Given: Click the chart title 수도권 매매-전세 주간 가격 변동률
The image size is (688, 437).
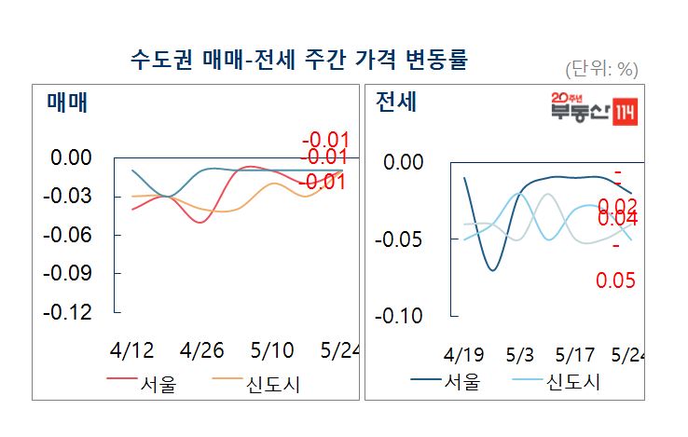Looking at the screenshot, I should point(299,61).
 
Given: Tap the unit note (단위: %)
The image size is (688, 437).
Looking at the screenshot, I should point(601,69).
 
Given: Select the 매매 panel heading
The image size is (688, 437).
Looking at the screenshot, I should point(66,102).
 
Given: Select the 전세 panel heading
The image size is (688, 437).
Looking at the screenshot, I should point(396,102).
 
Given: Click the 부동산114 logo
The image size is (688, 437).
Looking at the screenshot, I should point(592,110).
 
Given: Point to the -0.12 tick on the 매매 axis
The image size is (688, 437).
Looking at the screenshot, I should point(71,312).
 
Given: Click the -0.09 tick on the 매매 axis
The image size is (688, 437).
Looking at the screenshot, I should point(71,273).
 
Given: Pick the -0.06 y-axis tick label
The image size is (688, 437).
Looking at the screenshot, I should point(71,235).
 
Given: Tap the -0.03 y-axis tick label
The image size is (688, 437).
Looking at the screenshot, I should point(71,196).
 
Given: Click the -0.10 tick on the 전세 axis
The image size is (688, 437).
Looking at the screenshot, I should point(399,317).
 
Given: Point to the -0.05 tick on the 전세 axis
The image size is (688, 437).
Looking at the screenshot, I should point(399,240).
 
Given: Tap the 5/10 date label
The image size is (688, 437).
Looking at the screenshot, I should point(272,351).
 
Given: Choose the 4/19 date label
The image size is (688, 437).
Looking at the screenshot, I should point(463,356).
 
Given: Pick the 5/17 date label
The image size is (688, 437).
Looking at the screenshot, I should point(574,356).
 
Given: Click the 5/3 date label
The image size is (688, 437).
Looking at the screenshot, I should point(519,356).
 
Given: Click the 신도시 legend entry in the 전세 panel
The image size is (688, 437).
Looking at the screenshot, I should point(573,381).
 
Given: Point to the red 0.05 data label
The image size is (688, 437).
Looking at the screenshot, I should point(615,280).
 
